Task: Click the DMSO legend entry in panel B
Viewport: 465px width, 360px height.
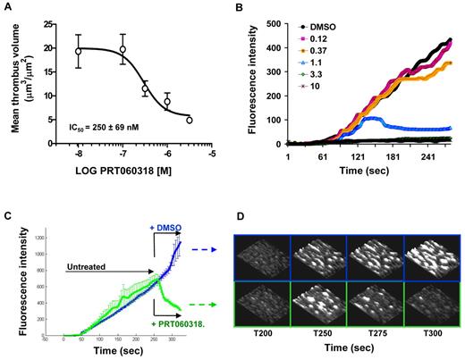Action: click(316, 28)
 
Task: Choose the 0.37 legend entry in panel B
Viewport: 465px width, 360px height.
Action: click(312, 53)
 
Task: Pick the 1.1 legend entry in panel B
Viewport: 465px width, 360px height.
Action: click(309, 64)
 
